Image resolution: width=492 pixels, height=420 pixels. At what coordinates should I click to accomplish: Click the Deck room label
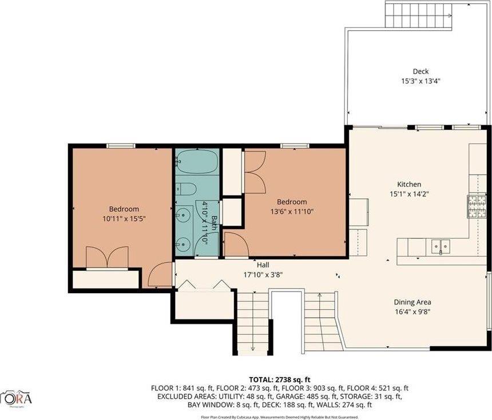pos(420,71)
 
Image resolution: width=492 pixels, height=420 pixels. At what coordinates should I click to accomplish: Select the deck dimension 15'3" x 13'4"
pos(420,81)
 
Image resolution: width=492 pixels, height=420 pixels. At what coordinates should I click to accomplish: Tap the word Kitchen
pos(409,184)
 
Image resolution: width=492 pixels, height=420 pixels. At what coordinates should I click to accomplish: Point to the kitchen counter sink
pos(441,246)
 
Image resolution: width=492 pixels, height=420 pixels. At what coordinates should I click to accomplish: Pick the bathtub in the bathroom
pos(196,162)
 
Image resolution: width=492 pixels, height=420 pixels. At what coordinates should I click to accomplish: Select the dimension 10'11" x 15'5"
pos(124,219)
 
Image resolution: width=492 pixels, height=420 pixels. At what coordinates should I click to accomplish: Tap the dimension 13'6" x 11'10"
pos(292,211)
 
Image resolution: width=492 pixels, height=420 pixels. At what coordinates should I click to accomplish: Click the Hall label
pos(263,265)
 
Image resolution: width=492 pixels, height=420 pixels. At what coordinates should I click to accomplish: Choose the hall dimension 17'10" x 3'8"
pos(263,274)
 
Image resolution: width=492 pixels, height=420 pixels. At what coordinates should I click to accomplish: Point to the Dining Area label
pos(412,302)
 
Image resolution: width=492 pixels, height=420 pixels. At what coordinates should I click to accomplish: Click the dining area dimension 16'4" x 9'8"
pos(412,312)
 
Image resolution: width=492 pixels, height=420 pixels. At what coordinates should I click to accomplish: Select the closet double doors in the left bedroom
pos(107,257)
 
